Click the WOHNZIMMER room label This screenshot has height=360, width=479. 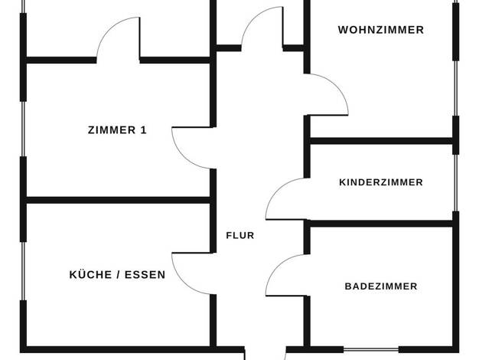pyautogui.click(x=381, y=30)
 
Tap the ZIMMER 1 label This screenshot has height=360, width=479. pyautogui.click(x=117, y=130)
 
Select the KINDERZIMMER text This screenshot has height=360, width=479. pyautogui.click(x=381, y=182)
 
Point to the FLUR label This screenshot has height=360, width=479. pyautogui.click(x=240, y=235)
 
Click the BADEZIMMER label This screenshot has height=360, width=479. pyautogui.click(x=381, y=286)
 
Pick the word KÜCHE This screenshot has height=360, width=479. pyautogui.click(x=90, y=274)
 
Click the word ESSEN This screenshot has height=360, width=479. pyautogui.click(x=145, y=275)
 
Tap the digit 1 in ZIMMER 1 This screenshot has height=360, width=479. pyautogui.click(x=144, y=130)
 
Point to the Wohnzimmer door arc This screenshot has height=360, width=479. pyautogui.click(x=336, y=87)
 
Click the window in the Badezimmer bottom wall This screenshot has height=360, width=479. pyautogui.click(x=371, y=349)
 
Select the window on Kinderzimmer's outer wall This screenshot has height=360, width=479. pyautogui.click(x=455, y=183)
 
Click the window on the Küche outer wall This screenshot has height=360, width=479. pyautogui.click(x=23, y=271)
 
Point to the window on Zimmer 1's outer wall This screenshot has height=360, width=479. pyautogui.click(x=23, y=129)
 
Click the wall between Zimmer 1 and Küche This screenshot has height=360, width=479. pyautogui.click(x=119, y=201)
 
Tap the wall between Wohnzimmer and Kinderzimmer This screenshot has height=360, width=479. pyautogui.click(x=381, y=141)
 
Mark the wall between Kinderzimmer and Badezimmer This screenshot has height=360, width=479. pyautogui.click(x=381, y=224)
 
